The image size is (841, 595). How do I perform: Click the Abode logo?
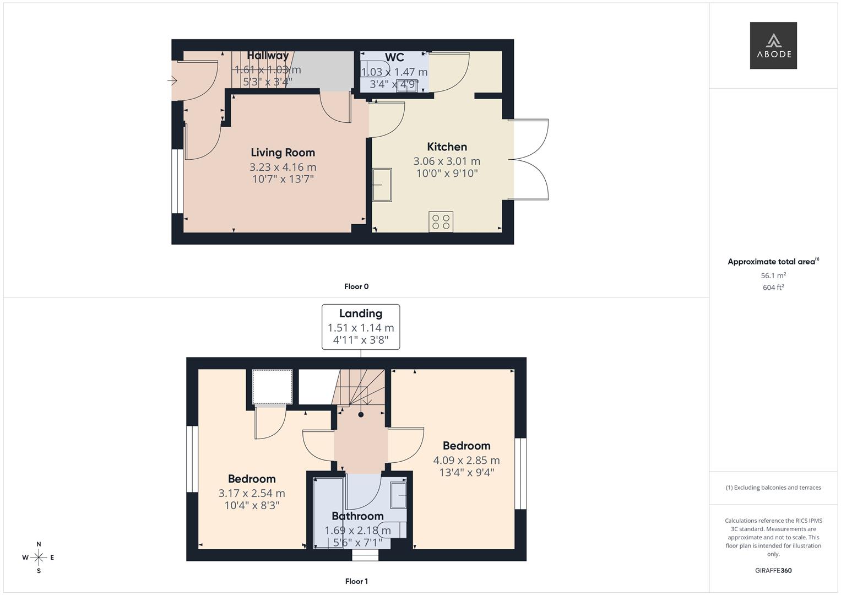click(773, 45)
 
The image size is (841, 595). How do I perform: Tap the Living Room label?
click(283, 153)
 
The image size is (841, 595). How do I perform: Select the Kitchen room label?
click(447, 147)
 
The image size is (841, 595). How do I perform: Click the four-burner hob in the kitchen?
click(441, 221)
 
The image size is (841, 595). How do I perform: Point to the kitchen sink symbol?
click(382, 185)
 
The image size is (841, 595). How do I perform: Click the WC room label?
click(394, 57)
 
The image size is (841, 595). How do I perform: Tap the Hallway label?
click(268, 55)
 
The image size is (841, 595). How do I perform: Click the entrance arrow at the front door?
click(172, 82)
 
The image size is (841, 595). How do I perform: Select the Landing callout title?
click(360, 313)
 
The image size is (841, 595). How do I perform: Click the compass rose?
click(39, 558)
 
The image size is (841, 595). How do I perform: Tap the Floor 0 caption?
click(356, 286)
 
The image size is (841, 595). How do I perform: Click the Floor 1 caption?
click(356, 581)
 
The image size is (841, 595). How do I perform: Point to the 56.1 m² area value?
click(773, 275)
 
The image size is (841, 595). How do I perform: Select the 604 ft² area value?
click(773, 288)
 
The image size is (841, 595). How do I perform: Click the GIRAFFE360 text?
click(773, 570)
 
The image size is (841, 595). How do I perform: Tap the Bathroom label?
click(357, 516)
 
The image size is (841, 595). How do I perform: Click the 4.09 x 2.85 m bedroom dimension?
click(466, 460)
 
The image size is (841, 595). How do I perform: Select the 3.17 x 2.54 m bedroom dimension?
click(252, 493)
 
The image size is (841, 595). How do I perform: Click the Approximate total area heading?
click(773, 262)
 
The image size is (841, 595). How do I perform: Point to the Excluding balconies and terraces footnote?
click(773, 488)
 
